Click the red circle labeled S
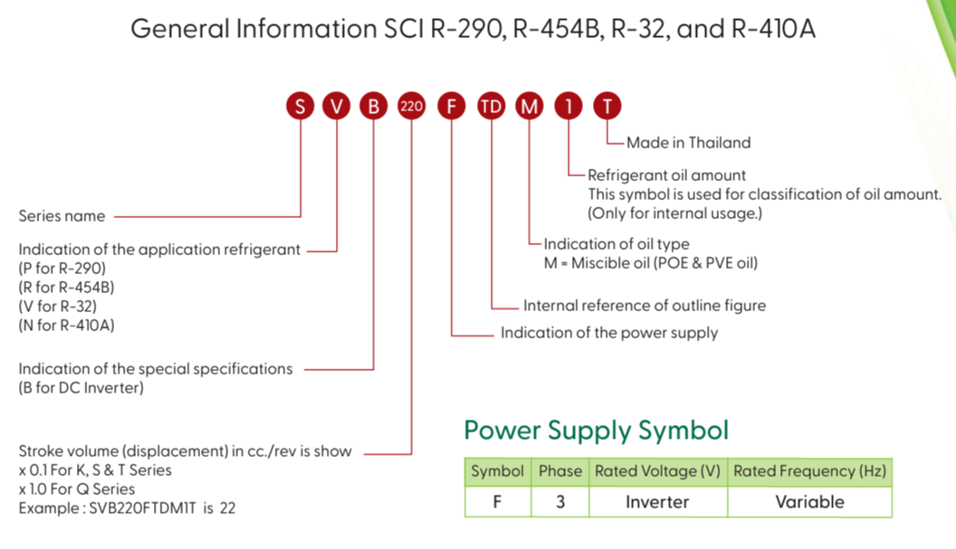coord(300,107)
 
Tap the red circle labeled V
coord(337,107)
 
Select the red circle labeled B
coord(373,107)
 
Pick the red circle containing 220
coord(411,107)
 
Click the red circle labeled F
coord(451,107)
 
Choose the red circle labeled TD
coord(491,107)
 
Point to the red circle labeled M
coord(530,107)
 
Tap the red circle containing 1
coord(569,107)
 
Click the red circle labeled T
coord(607,107)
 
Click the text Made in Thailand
coord(688,142)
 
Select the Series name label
coord(62,216)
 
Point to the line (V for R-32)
coord(58,306)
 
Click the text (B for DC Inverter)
coord(81,388)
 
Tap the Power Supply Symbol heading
coord(597,430)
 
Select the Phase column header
coord(560,471)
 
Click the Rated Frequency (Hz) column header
coord(809,471)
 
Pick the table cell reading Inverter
coord(657,502)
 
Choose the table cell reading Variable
coord(809,502)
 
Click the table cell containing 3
coord(560,502)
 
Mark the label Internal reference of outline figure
coord(645,306)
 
